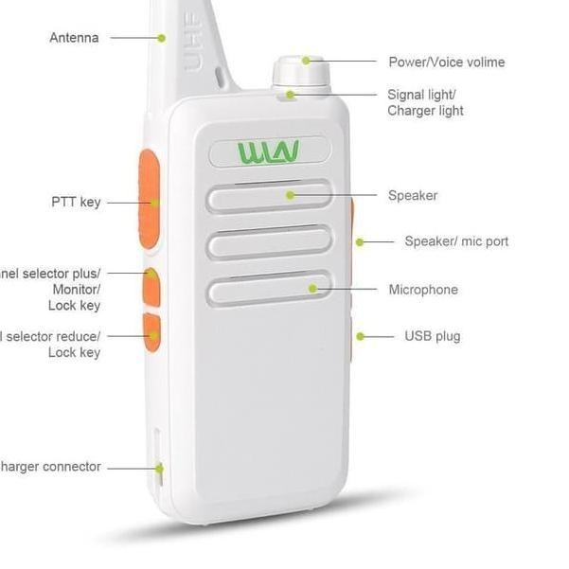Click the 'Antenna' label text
[74, 39]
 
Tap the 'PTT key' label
[76, 203]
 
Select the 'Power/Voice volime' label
[446, 62]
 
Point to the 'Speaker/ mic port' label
[456, 241]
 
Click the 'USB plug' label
[433, 336]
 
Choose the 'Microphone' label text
[422, 290]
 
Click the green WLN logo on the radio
[269, 151]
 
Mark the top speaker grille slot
[269, 196]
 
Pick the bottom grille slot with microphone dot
[269, 289]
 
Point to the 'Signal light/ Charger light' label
[425, 102]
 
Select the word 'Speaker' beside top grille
[413, 196]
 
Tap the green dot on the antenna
[162, 39]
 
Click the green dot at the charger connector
[160, 468]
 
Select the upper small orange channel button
[151, 287]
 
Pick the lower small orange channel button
[151, 333]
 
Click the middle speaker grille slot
[269, 243]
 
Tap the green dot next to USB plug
[361, 336]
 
